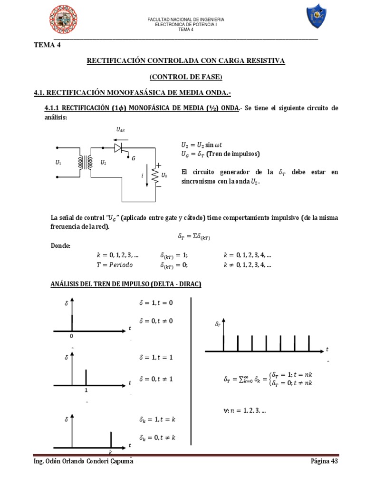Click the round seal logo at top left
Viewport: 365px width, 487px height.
64,20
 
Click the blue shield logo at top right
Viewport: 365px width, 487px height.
316,17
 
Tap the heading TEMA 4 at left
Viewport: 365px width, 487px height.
48,45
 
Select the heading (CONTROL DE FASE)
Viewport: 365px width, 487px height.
185,77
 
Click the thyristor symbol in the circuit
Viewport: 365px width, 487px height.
118,148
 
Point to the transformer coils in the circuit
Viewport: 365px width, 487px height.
88,163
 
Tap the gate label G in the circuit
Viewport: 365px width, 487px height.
134,158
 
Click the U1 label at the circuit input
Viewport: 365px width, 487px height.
58,163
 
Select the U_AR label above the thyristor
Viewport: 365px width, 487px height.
120,129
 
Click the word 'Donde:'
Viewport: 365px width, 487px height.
60,245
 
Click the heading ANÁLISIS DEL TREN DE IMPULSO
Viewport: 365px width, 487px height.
125,284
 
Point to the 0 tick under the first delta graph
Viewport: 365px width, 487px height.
72,336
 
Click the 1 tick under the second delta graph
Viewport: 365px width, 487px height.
86,390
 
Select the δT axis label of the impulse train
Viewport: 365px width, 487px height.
218,324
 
